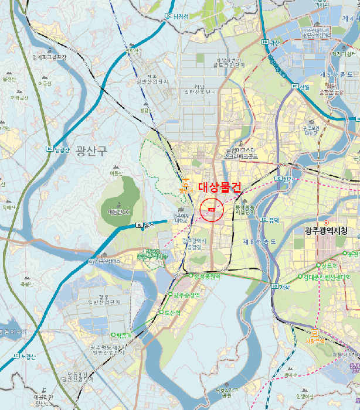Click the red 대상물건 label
click(x=220, y=187)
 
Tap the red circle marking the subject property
click(x=212, y=209)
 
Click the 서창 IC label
click(x=281, y=286)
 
